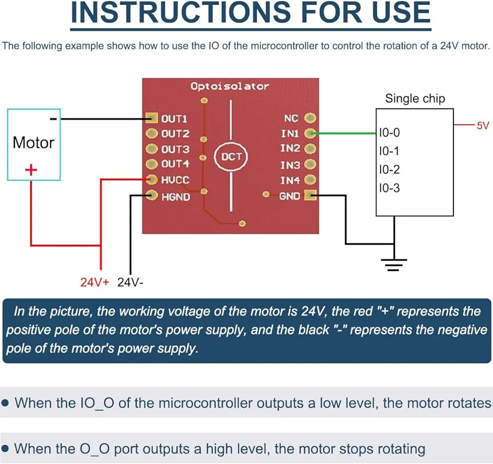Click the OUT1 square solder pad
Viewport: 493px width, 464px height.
pos(151,118)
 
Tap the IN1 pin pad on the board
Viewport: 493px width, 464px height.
pos(310,133)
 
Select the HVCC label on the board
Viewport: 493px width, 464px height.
pos(175,180)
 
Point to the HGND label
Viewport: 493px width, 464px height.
pos(176,197)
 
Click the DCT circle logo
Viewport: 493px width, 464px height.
pos(231,156)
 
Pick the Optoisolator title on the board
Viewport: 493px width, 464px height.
pos(230,86)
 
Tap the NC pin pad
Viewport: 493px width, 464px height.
pos(310,118)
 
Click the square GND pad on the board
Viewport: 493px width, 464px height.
pos(311,195)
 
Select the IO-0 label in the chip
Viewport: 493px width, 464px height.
pos(389,133)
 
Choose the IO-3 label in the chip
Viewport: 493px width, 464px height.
pos(389,188)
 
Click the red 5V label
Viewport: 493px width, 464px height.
pos(483,126)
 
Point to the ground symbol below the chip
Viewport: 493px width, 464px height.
pos(394,265)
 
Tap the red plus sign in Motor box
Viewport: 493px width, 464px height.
pos(31,170)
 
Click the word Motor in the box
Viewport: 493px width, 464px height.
pos(34,143)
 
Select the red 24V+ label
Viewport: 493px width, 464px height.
pos(95,282)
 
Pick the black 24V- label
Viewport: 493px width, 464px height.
pos(130,282)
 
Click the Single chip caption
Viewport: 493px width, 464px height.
pos(415,99)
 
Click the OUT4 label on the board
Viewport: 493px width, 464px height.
pos(175,164)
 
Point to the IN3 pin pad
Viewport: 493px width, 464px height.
pos(310,164)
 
